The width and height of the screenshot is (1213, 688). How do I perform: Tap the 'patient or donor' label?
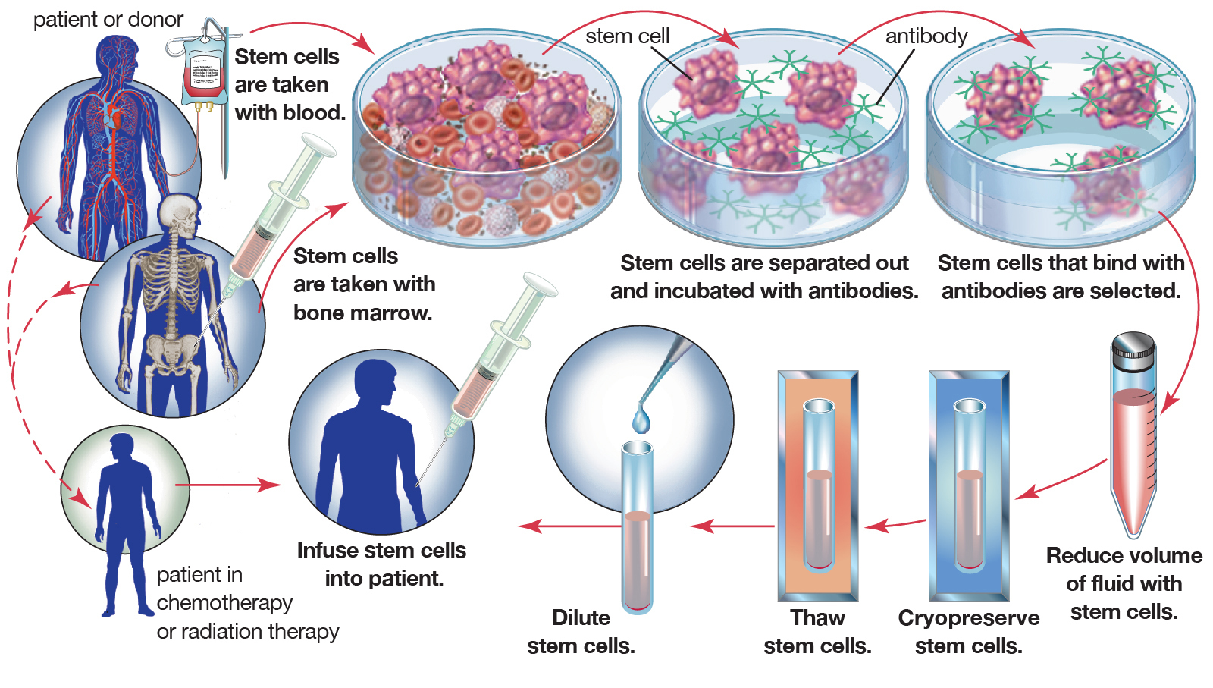pos(108,20)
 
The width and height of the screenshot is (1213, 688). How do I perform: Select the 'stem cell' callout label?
pos(627,36)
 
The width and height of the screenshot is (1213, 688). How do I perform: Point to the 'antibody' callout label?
pos(926,36)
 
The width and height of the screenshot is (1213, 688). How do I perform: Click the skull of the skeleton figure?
pos(180,213)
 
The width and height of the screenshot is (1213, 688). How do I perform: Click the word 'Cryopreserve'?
pos(968,617)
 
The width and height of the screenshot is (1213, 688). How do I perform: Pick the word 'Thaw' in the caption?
pos(817,617)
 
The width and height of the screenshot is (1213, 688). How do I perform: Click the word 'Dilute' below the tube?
pos(581,617)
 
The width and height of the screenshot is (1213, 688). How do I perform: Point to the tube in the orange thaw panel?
pos(818,485)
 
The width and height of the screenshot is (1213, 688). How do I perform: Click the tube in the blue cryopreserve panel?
pos(969,485)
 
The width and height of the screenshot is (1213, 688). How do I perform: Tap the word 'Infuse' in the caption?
pos(327,550)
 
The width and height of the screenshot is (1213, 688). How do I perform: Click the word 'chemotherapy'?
pos(224,603)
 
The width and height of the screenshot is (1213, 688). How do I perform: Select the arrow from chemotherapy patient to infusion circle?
pos(227,485)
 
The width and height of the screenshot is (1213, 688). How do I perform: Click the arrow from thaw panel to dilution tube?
pos(732,526)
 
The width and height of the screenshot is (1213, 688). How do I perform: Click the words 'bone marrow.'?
pos(362,313)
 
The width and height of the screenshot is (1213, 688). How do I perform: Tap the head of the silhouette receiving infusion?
pos(377,384)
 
